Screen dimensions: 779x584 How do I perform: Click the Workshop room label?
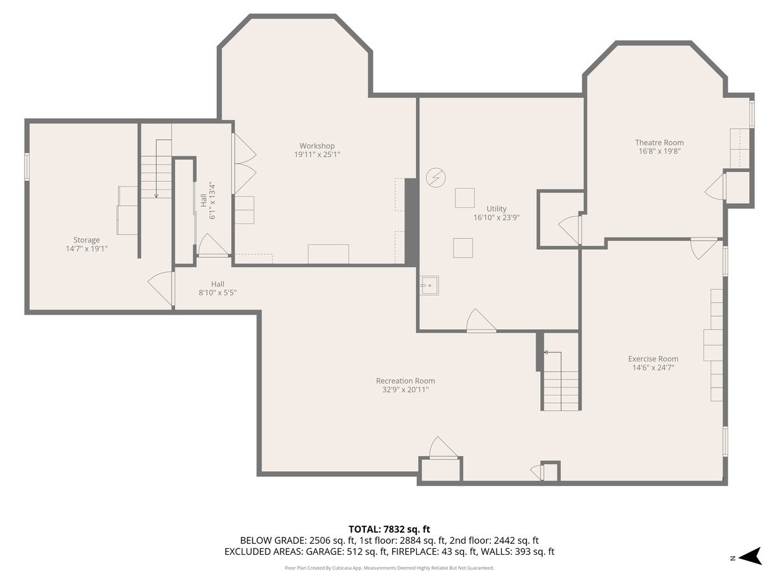[x=317, y=146]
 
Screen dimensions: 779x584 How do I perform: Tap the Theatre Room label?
[x=659, y=143]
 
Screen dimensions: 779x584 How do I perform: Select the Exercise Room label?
[x=653, y=359]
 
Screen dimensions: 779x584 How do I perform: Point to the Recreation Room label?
[x=405, y=381]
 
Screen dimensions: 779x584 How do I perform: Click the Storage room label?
[x=86, y=240]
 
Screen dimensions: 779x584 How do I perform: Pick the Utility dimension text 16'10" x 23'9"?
[x=496, y=217]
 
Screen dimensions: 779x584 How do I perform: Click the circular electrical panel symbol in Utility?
[x=436, y=177]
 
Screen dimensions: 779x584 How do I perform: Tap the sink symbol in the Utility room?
[x=429, y=286]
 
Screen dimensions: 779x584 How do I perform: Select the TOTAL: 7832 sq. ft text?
[x=389, y=529]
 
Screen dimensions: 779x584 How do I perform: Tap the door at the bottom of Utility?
[x=481, y=321]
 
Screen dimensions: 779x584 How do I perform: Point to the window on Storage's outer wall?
[x=27, y=167]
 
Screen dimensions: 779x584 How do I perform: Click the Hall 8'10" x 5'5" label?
[x=217, y=288]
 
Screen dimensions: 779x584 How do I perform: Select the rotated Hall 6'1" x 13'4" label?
[x=208, y=201]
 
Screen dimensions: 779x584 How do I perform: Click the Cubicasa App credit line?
[x=389, y=568]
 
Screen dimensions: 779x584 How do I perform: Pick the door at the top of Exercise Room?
[x=704, y=249]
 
